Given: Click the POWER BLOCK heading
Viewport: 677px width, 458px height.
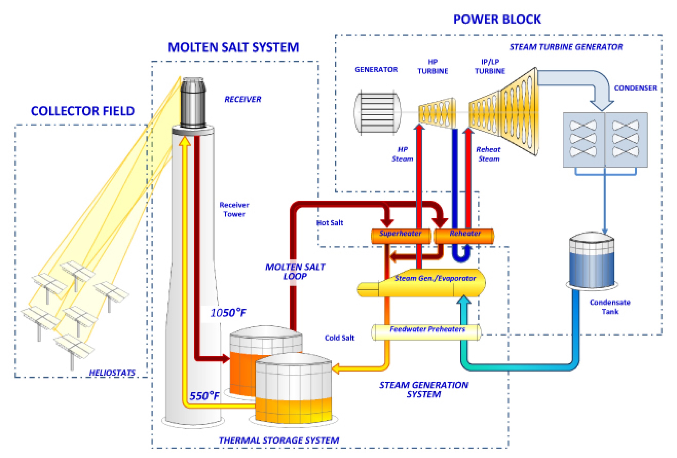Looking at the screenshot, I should point(497,20).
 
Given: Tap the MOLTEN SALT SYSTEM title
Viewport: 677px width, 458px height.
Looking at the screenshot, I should point(233,47).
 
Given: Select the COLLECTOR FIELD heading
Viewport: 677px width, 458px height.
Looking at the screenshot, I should point(83,111).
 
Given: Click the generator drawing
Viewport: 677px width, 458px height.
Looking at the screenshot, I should point(377,112).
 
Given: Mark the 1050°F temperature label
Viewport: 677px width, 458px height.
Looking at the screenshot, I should point(228,313).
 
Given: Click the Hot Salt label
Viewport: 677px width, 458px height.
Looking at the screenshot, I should point(330,223).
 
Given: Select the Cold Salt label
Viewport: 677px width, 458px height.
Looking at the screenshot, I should point(339,338).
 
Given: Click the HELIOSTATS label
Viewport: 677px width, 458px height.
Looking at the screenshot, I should point(112,373).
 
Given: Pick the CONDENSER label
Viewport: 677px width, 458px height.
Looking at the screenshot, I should point(635,88).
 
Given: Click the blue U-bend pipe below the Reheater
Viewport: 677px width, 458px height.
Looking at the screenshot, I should point(461,257).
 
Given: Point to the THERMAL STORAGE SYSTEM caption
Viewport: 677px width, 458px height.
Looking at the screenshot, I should point(279,440).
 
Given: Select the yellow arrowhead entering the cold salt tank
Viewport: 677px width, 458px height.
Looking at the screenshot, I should point(336,369).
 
